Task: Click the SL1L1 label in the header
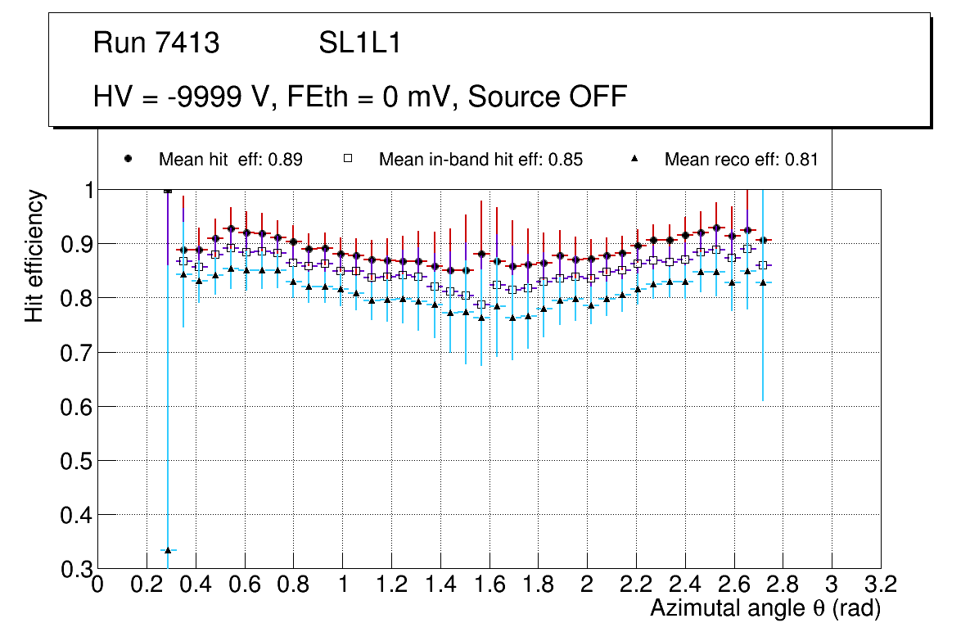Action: (x=359, y=43)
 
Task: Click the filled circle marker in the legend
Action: (x=129, y=159)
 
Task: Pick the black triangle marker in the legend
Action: (x=635, y=159)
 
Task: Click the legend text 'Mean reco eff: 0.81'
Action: (x=741, y=160)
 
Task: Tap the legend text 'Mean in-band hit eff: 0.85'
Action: (x=480, y=160)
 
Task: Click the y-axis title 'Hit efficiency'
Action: (x=35, y=255)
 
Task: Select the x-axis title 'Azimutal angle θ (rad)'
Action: (x=765, y=608)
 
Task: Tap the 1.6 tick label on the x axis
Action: (x=489, y=585)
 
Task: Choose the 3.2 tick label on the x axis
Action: (x=880, y=585)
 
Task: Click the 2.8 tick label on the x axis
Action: (x=783, y=585)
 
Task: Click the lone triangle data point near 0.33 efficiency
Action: (x=168, y=550)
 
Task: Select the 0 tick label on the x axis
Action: (x=97, y=585)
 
